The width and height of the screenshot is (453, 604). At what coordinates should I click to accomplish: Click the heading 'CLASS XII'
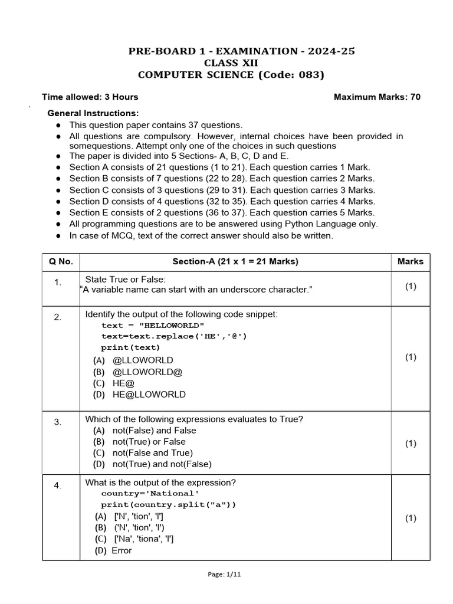(x=231, y=63)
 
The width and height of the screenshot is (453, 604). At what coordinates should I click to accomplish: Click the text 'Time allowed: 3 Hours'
(x=90, y=97)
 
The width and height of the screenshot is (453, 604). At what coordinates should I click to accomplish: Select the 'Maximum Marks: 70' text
(x=377, y=97)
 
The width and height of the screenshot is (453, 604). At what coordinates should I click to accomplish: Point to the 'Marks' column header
(x=410, y=261)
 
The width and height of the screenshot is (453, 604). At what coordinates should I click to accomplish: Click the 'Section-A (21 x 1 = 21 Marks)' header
(x=235, y=261)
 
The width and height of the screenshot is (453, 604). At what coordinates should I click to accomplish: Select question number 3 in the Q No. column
(x=58, y=422)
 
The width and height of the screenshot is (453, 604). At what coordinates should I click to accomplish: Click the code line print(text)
(x=130, y=347)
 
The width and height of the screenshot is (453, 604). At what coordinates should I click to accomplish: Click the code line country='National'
(x=147, y=493)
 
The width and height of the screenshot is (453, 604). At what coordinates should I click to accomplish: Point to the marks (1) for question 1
(x=411, y=286)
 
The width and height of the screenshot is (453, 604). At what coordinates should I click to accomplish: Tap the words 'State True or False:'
(x=126, y=279)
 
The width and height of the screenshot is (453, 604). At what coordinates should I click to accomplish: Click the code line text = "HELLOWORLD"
(x=153, y=325)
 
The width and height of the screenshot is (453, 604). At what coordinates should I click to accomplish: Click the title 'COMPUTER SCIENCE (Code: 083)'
(x=231, y=75)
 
